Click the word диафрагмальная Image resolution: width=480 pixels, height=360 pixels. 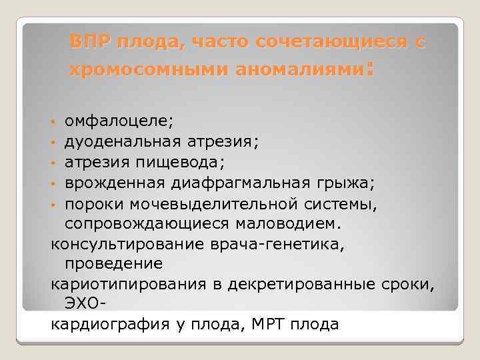pos(231,181)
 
